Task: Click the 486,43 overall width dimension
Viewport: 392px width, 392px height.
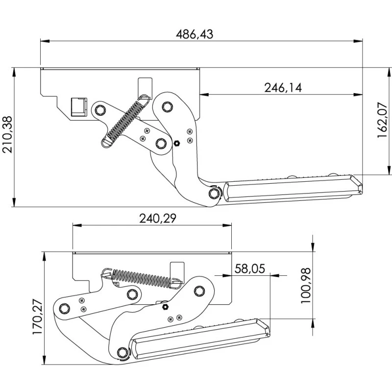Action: click(195, 34)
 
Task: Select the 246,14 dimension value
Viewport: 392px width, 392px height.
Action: click(283, 87)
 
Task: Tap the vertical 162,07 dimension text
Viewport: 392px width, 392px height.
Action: click(383, 121)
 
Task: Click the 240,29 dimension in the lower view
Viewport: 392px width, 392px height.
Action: click(151, 219)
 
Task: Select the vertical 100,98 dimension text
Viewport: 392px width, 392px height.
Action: click(306, 286)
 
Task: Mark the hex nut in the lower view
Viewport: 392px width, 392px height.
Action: click(165, 307)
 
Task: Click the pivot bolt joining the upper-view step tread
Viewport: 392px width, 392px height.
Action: click(214, 194)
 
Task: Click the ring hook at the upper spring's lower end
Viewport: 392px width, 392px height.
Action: click(107, 142)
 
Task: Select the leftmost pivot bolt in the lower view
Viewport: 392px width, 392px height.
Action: click(64, 308)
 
